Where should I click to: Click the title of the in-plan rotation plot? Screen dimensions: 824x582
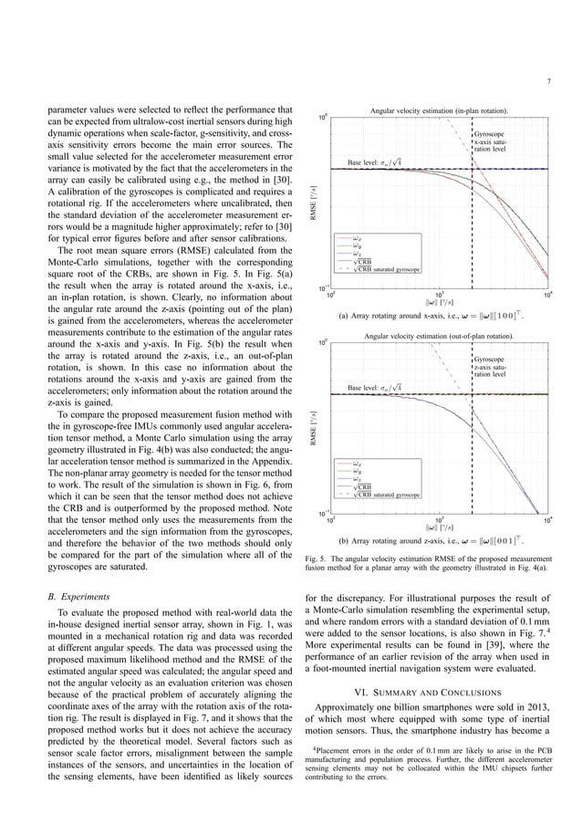[439, 110]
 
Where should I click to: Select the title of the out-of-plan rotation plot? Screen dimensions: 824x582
[438, 336]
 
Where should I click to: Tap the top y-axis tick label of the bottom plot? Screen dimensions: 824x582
[323, 344]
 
